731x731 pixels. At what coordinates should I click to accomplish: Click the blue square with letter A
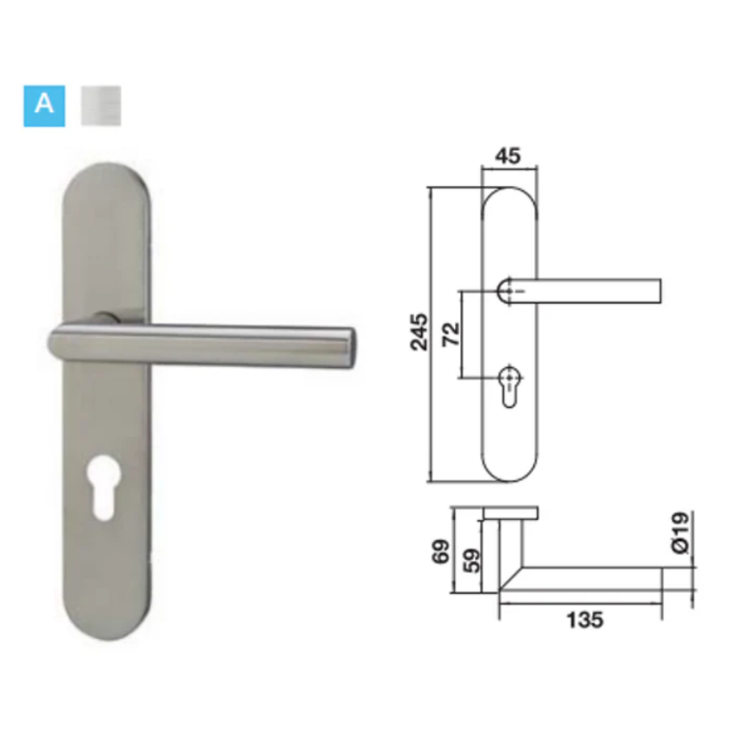pos(44,106)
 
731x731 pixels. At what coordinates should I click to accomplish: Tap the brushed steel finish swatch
pos(102,106)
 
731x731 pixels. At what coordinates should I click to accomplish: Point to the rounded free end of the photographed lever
pos(350,348)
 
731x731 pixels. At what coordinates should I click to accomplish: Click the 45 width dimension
pos(508,155)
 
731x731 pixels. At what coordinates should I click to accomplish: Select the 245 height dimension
pos(418,332)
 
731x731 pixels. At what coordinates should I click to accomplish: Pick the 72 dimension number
pos(451,333)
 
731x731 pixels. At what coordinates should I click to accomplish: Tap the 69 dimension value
pos(441,551)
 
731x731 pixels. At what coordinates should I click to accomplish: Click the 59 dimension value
pos(471,560)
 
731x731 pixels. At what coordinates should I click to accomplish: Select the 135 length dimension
pos(584,620)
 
